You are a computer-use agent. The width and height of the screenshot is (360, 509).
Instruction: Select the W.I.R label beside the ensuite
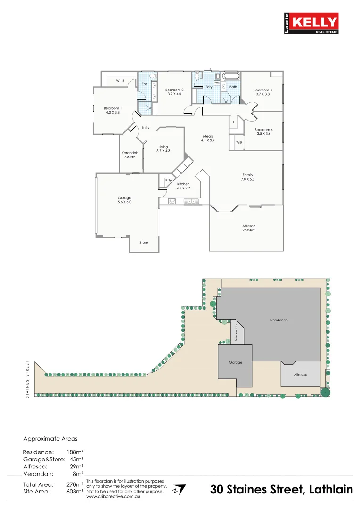(120, 81)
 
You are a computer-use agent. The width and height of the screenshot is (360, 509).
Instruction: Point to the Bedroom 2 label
(174, 90)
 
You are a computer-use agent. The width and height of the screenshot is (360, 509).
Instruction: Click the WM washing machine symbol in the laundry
(217, 83)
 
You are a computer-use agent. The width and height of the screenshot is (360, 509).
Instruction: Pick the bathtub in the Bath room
(231, 76)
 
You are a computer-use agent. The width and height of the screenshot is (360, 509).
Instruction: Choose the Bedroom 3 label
(262, 90)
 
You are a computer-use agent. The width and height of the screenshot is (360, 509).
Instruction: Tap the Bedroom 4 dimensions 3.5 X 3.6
(263, 134)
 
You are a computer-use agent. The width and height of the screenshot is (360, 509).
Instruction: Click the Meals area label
(208, 136)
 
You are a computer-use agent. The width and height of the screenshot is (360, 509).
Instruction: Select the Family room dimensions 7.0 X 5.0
(248, 179)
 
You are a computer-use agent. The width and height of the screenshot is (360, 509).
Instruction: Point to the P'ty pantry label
(168, 180)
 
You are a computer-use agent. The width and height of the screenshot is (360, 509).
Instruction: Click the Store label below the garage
(144, 242)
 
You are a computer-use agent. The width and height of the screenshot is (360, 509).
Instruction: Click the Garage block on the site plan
(235, 362)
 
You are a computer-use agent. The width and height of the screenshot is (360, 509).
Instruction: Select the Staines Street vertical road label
(27, 379)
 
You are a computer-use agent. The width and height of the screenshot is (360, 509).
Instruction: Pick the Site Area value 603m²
(75, 492)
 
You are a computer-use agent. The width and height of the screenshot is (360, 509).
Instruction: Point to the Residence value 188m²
(75, 452)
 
